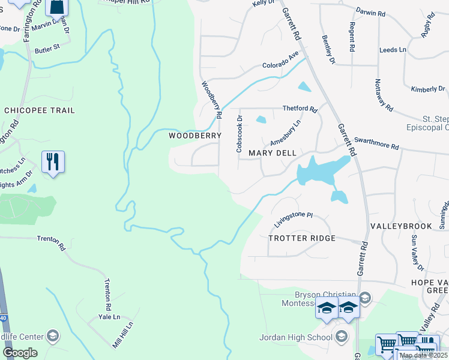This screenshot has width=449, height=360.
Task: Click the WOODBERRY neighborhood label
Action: click(195, 136)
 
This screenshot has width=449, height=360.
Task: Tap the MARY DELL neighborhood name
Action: click(273, 154)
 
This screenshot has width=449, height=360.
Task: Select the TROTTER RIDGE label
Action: click(301, 238)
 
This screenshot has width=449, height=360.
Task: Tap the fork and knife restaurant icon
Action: click(53, 161)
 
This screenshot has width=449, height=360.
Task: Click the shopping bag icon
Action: click(56, 7)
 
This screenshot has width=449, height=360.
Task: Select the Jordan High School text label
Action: click(296, 337)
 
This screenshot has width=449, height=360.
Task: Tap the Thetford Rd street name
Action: click(300, 109)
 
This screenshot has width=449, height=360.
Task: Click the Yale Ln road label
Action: click(109, 317)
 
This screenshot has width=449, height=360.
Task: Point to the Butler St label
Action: click(47, 47)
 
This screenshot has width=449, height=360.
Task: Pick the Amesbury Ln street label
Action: click(285, 133)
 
